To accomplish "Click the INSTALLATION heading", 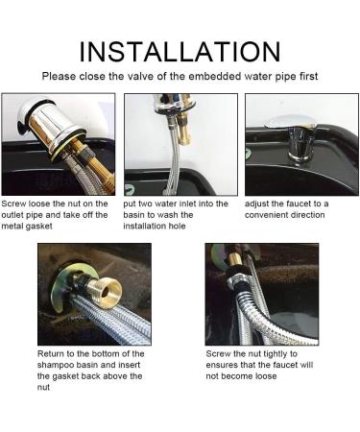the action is click(x=180, y=52).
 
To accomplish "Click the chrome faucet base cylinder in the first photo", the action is click(x=52, y=124).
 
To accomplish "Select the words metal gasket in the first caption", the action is click(x=27, y=227).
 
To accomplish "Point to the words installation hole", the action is click(x=155, y=227).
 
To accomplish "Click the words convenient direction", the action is click(x=285, y=215).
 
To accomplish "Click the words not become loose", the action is click(x=241, y=376).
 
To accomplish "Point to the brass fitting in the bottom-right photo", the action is click(x=237, y=258).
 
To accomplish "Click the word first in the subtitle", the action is click(x=309, y=77).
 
